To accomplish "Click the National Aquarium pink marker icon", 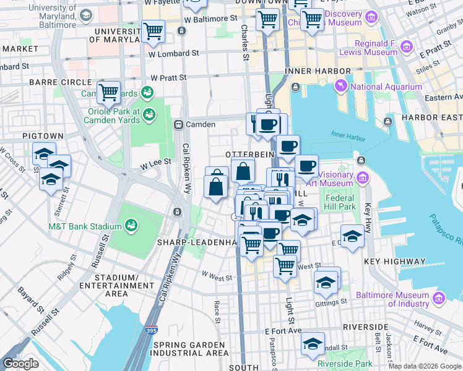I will pyautogui.click(x=341, y=85).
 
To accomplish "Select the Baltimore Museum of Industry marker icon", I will pyautogui.click(x=439, y=299).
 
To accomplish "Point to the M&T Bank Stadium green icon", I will pyautogui.click(x=131, y=226).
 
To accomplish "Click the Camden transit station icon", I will pyautogui.click(x=178, y=124).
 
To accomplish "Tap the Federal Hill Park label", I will pyautogui.click(x=339, y=202).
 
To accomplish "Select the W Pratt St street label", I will pyautogui.click(x=169, y=78).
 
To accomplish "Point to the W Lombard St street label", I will pyautogui.click(x=173, y=53).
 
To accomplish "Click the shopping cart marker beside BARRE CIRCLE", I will pyautogui.click(x=109, y=93).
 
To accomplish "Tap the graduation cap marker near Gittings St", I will pyautogui.click(x=326, y=282).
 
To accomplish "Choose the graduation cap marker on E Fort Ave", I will pyautogui.click(x=314, y=343).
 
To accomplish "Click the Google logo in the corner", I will pyautogui.click(x=20, y=363).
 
